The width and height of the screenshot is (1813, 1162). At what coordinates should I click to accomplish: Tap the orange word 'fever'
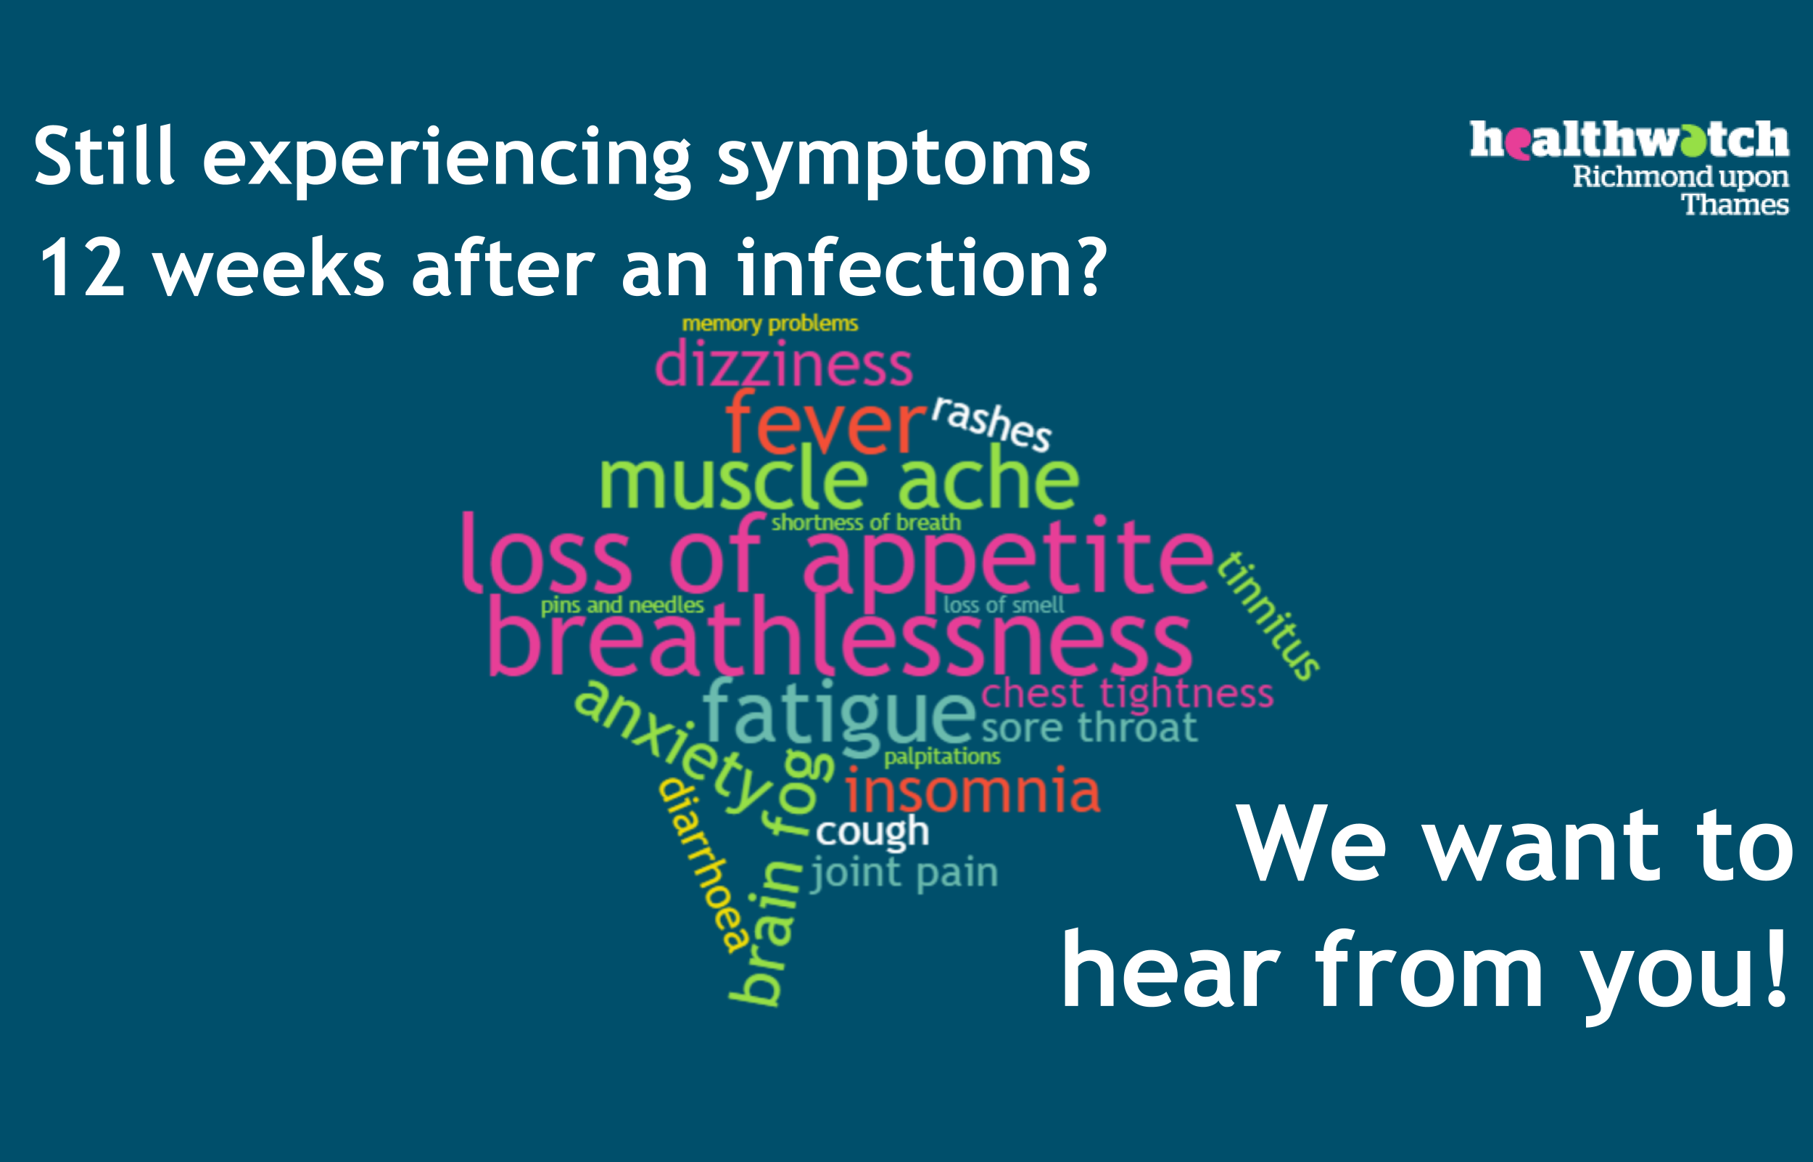coord(825,423)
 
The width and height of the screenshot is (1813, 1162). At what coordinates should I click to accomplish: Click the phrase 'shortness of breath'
coord(866,522)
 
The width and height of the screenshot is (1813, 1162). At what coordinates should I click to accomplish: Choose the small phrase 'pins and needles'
coord(622,606)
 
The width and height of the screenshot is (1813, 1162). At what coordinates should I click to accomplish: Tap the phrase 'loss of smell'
coord(1004,604)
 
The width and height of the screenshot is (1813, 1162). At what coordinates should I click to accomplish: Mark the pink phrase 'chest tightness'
coord(1128,693)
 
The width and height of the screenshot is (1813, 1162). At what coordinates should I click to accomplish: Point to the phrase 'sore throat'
coord(1089,728)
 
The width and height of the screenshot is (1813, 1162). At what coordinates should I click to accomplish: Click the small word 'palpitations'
coord(942,757)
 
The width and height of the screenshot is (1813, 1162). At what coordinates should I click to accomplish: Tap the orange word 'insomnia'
coord(972,791)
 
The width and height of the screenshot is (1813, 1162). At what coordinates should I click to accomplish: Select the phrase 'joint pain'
coord(904,873)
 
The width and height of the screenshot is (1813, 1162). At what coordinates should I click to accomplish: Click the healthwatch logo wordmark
coord(1629,139)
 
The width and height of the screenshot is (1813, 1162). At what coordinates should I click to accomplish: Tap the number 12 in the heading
coord(81,268)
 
